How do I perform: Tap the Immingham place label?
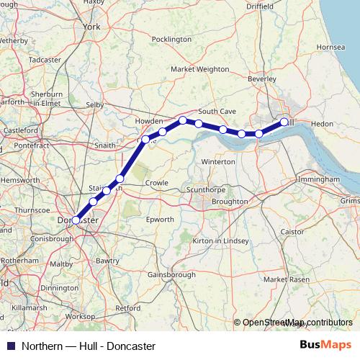(x=317, y=178)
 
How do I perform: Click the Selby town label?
(x=95, y=104)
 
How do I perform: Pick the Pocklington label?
(x=172, y=39)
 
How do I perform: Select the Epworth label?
(x=159, y=219)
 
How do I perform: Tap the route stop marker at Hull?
(x=284, y=122)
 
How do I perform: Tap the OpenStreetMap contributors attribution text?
(x=297, y=323)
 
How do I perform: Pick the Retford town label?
(x=128, y=307)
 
